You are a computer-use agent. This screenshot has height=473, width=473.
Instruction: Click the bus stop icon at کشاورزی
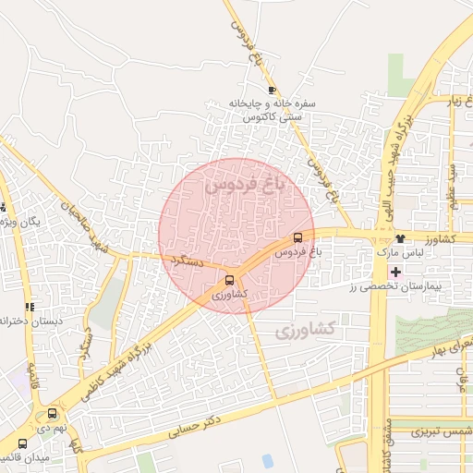pyautogui.click(x=229, y=280)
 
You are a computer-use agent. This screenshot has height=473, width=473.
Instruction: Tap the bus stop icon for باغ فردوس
pyautogui.click(x=297, y=237)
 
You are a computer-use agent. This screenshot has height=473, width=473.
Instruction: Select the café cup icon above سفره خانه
pyautogui.click(x=271, y=90)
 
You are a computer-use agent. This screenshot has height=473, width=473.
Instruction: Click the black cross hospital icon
pyautogui.click(x=396, y=272)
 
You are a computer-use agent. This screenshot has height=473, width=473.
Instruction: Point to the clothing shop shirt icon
pyautogui.click(x=399, y=238)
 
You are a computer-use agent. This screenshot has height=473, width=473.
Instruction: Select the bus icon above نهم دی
pyautogui.click(x=52, y=415)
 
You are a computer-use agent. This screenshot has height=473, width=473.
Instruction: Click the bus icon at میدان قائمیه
pyautogui.click(x=22, y=443)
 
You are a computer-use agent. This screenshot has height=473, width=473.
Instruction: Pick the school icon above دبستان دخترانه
pyautogui.click(x=30, y=307)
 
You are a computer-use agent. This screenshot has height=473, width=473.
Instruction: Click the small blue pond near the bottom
pyautogui.click(x=268, y=460)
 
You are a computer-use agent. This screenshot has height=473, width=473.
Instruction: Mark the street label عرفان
pyautogui.click(x=460, y=380)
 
